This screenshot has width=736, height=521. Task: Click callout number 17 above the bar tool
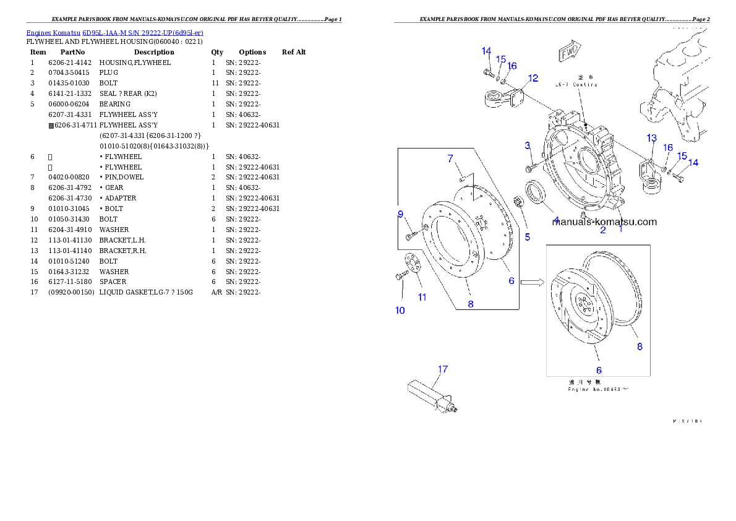click(x=443, y=369)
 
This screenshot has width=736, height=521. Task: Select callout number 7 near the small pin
click(x=451, y=159)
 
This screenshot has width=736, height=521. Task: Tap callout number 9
click(x=401, y=215)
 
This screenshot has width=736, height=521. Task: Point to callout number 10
click(x=400, y=310)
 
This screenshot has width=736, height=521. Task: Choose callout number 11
click(x=422, y=297)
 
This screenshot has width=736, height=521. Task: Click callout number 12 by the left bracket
click(x=533, y=78)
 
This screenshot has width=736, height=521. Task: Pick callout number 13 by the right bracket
click(x=651, y=137)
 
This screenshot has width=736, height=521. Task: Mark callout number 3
click(x=528, y=145)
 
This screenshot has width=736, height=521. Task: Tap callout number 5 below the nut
click(x=528, y=236)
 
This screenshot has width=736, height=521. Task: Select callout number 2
click(x=602, y=230)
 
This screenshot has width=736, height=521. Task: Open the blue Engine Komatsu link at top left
click(x=114, y=33)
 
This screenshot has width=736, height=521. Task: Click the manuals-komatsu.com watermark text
click(x=604, y=221)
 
